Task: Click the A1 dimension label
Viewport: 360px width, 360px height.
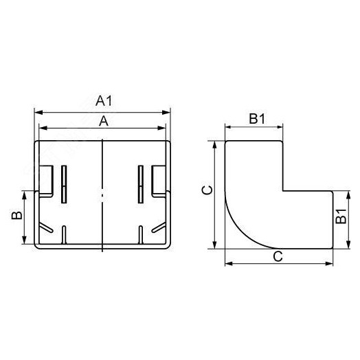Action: [x=104, y=101]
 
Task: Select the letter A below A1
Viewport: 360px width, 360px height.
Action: [x=104, y=120]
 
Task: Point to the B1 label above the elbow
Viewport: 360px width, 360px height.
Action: [x=256, y=119]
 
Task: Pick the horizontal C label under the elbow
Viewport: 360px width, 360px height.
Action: [x=278, y=256]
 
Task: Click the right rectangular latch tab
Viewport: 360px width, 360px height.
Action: [x=160, y=179]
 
